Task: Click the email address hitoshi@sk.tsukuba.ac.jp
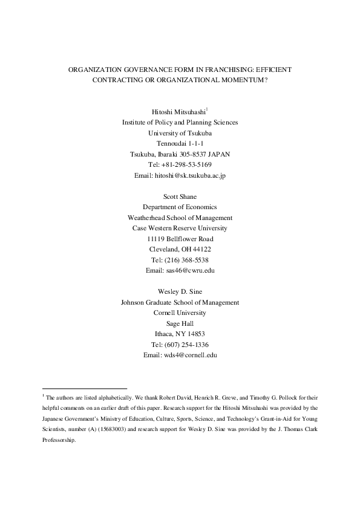[x=191, y=175]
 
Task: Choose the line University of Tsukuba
[x=180, y=132]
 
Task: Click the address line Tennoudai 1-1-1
[x=180, y=143]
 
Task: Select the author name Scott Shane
[x=180, y=196]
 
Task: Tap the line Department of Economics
[x=180, y=207]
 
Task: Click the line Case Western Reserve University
[x=180, y=228]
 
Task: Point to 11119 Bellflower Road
[x=180, y=239]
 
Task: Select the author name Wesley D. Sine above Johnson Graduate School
[x=180, y=291]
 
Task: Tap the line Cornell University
[x=180, y=313]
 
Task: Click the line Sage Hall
[x=180, y=323]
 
